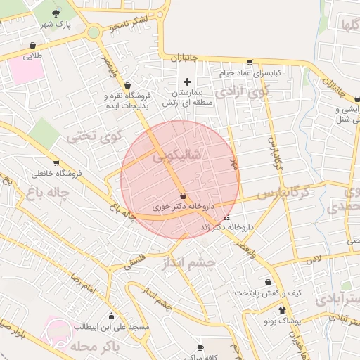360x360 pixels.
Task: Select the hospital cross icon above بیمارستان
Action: coord(186,82)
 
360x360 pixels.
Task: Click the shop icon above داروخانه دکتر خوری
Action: coord(183,195)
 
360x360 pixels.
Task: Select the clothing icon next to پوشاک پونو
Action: coord(283,310)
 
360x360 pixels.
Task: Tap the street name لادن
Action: coord(312,259)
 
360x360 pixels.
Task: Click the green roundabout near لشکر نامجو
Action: coord(94,32)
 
